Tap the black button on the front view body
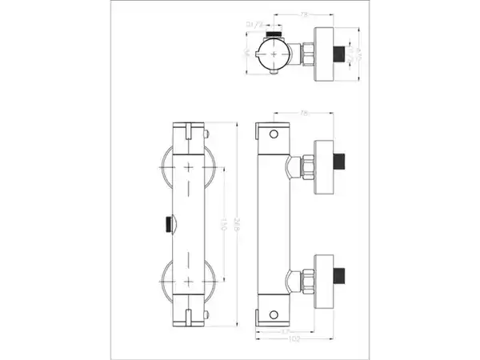coord(168,224)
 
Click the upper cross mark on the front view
coord(189,168)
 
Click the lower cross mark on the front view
coord(189,282)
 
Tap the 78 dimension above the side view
coord(304,114)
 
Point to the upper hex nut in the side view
coord(304,167)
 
